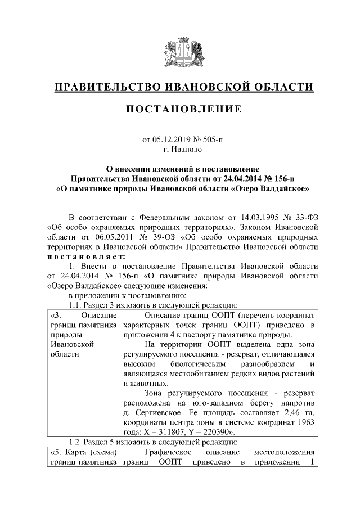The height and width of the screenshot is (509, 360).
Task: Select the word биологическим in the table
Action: point(181,364)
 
